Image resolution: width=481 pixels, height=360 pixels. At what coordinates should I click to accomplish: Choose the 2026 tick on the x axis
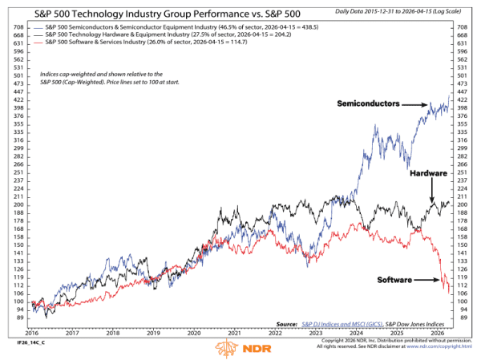point(438,331)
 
